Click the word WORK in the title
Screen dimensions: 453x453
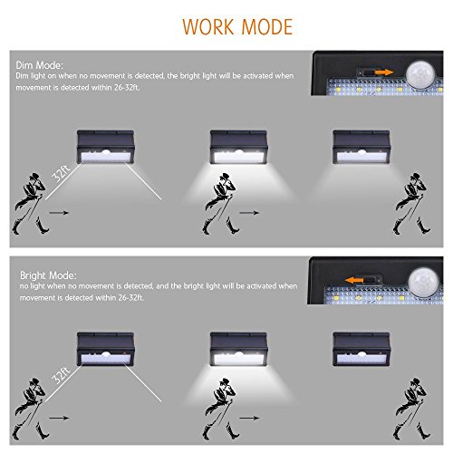[x=208, y=26]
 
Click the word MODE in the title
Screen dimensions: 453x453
[x=267, y=26]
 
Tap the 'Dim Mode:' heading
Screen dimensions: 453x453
[x=40, y=65]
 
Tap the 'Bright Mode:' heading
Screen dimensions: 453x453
[x=48, y=275]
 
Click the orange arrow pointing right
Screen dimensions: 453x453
[x=384, y=72]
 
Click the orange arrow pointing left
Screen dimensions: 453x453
[x=354, y=280]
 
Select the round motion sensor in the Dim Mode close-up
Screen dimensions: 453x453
[x=420, y=74]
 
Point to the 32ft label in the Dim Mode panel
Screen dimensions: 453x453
[x=62, y=173]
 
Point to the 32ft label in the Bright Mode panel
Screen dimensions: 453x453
[x=62, y=376]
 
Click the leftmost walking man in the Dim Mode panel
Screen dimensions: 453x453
[x=30, y=204]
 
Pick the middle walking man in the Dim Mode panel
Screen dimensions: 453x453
[x=220, y=204]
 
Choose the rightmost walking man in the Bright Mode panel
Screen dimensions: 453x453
[x=411, y=409]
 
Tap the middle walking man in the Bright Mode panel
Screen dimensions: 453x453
[x=220, y=409]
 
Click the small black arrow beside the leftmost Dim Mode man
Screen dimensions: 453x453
[x=59, y=213]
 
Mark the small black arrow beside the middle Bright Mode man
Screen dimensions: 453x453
[x=249, y=418]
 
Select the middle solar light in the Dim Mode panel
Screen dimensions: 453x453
[x=238, y=147]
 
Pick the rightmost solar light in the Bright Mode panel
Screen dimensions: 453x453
[x=361, y=349]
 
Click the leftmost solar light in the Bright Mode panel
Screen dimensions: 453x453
[x=105, y=349]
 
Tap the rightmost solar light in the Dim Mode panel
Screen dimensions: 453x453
[x=361, y=147]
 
